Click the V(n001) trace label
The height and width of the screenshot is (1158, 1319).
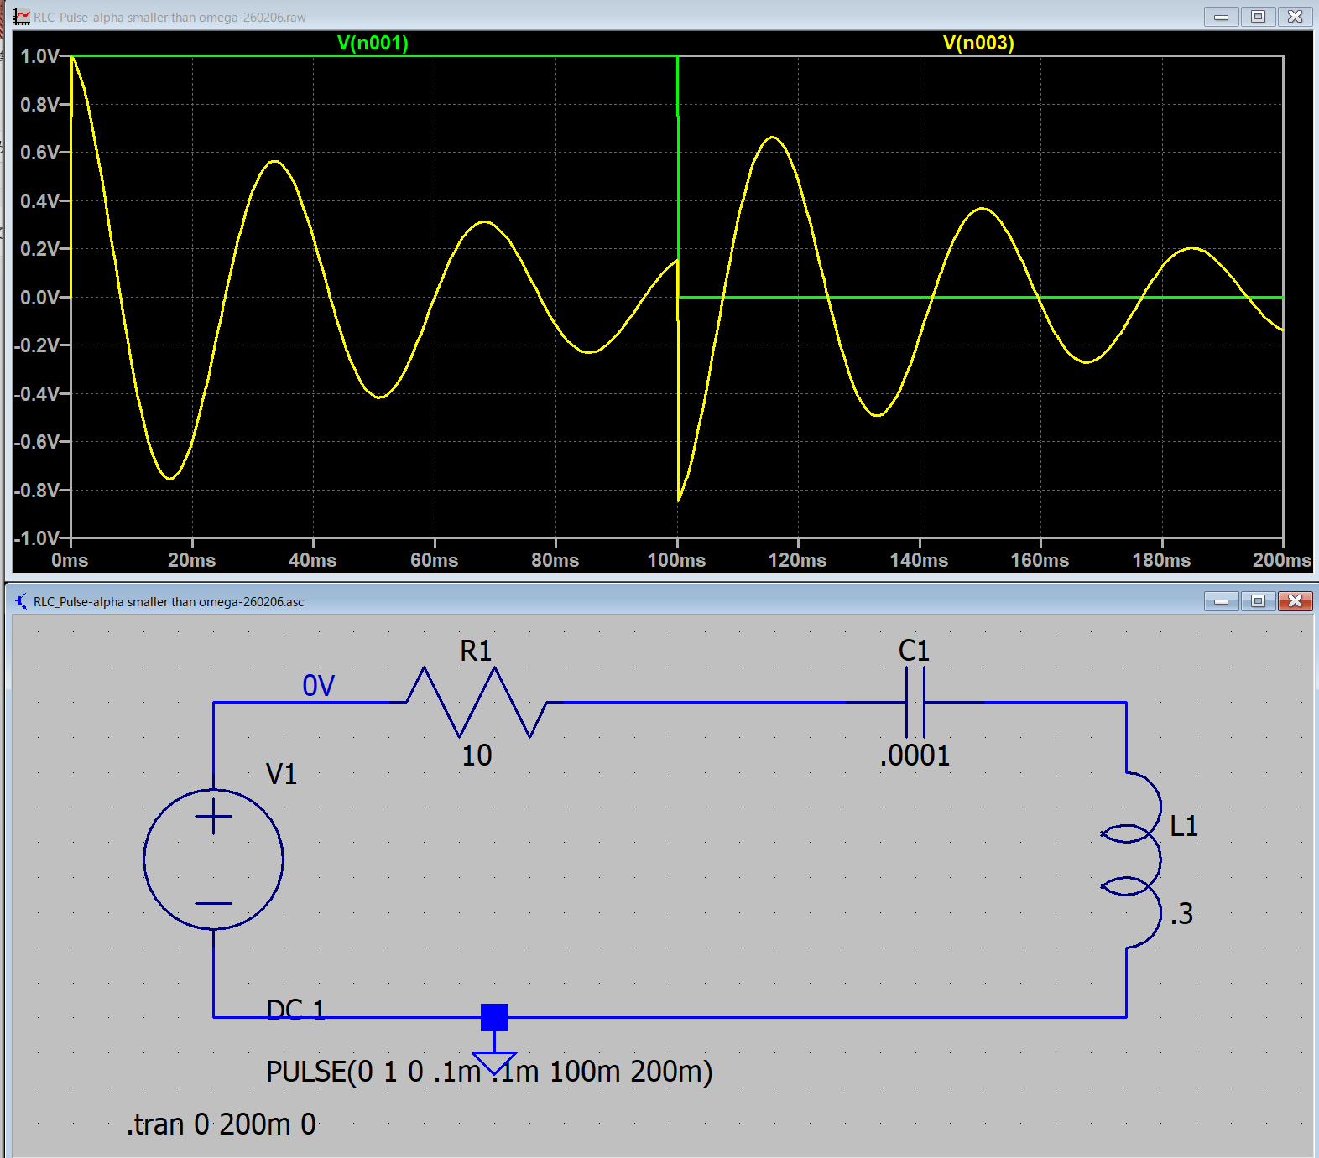pyautogui.click(x=373, y=43)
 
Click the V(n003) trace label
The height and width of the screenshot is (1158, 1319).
pyautogui.click(x=978, y=43)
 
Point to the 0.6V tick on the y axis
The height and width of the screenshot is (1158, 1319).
pyautogui.click(x=40, y=153)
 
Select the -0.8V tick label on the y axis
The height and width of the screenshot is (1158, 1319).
pyautogui.click(x=38, y=491)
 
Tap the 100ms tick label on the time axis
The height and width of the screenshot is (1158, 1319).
pyautogui.click(x=676, y=560)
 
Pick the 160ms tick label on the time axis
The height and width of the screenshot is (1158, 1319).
pyautogui.click(x=1040, y=560)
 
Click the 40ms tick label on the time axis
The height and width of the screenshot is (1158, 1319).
pyautogui.click(x=312, y=560)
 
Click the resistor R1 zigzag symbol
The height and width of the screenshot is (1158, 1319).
pyautogui.click(x=477, y=703)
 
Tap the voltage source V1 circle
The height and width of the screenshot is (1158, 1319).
pyautogui.click(x=213, y=859)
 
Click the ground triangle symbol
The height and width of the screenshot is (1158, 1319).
pyautogui.click(x=494, y=1062)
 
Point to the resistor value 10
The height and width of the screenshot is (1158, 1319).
pyautogui.click(x=477, y=756)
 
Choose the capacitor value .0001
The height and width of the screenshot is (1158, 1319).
pyautogui.click(x=915, y=756)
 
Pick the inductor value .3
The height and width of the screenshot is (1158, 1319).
pyautogui.click(x=1181, y=914)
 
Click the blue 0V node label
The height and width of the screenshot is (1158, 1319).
pyautogui.click(x=318, y=686)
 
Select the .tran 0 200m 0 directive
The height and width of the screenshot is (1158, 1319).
pyautogui.click(x=222, y=1124)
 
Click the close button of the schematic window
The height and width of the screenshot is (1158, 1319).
pyautogui.click(x=1295, y=601)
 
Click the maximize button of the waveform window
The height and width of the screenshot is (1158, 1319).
pyautogui.click(x=1258, y=17)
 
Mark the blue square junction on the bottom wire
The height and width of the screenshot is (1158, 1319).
pyautogui.click(x=494, y=1017)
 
